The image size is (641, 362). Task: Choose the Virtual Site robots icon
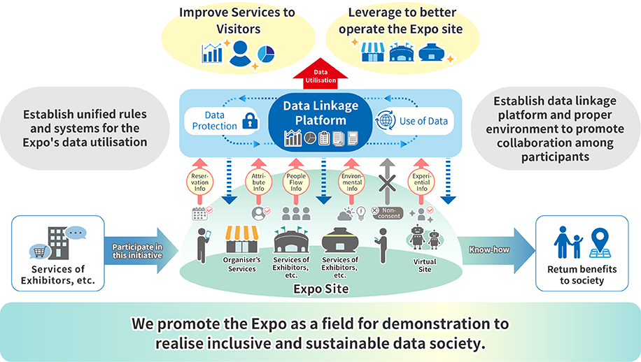click(x=425, y=239)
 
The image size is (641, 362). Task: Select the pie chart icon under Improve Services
click(x=266, y=53)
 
